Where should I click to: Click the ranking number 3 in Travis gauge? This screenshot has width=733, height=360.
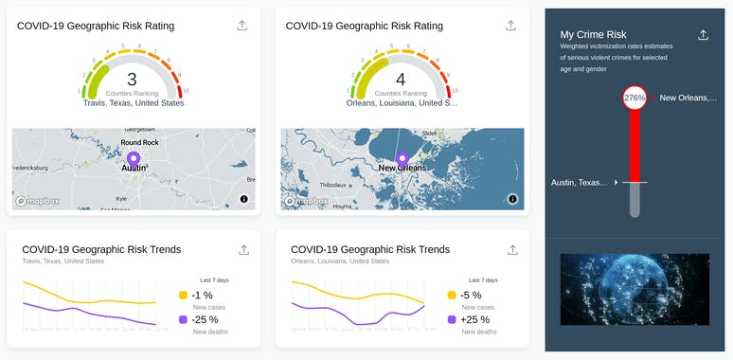coord(132,80)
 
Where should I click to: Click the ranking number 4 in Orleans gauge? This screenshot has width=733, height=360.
coord(401,80)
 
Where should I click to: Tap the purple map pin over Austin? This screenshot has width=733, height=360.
coord(133,159)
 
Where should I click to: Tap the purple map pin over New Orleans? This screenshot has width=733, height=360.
coord(402,158)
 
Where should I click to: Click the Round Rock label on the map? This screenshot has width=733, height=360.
coord(139,142)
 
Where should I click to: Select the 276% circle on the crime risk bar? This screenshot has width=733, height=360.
coord(635,98)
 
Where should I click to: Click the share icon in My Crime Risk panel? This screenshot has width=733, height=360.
coord(703,35)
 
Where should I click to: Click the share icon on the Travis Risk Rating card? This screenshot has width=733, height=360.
coord(243,26)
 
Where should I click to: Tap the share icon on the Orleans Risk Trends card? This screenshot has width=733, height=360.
coord(512,250)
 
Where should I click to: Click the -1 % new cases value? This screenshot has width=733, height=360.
coord(202,296)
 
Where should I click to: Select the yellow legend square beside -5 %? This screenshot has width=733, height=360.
coord(453,296)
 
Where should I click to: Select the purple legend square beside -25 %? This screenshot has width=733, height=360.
coord(184,320)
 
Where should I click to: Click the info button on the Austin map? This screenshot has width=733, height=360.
coord(243,199)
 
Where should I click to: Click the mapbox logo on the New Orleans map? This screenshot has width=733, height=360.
coord(305,201)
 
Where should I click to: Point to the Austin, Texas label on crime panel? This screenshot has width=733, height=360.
coord(580,182)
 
